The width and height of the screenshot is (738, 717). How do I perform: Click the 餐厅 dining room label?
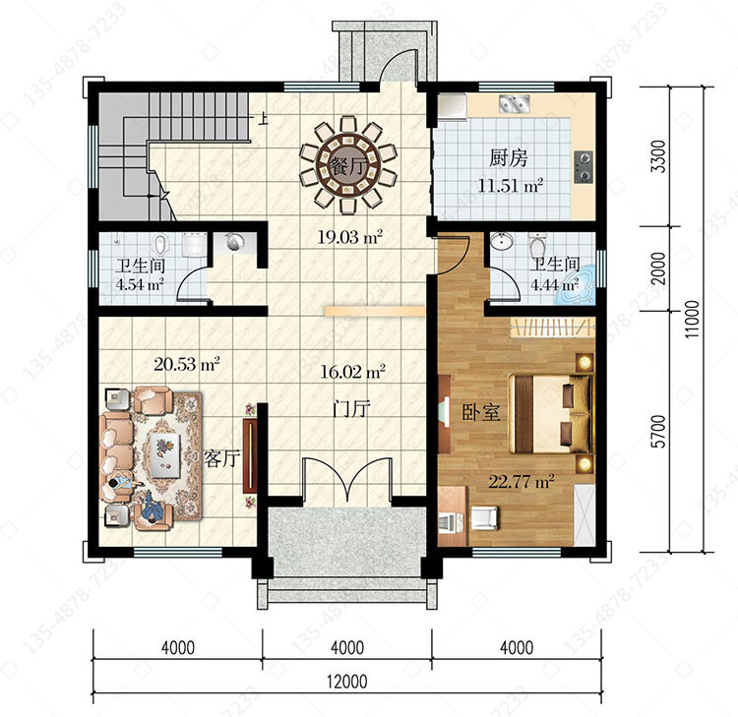(347, 166)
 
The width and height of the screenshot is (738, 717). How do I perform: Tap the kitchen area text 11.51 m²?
(511, 185)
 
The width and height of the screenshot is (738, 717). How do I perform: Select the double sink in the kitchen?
(515, 103)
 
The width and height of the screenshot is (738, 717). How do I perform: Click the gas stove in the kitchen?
(584, 167)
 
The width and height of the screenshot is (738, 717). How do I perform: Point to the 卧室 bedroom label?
(480, 413)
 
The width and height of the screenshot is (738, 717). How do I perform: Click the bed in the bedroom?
(551, 413)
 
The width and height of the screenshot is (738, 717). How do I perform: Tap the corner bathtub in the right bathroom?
(577, 284)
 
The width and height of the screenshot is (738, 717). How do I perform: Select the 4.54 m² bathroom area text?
(140, 284)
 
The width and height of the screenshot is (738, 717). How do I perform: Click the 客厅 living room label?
(222, 457)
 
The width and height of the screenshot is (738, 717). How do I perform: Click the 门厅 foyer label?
(351, 409)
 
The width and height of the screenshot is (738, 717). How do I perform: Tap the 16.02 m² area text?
(352, 372)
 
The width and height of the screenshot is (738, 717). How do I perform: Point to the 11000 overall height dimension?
(692, 319)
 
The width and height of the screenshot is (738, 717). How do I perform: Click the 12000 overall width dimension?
(347, 682)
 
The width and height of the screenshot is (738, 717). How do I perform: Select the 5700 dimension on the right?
(659, 432)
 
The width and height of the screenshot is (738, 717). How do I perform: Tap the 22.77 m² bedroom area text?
(521, 481)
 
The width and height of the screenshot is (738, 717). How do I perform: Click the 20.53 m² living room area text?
(187, 363)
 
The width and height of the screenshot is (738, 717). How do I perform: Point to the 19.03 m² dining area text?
(349, 236)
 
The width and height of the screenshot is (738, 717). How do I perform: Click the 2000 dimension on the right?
(659, 269)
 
